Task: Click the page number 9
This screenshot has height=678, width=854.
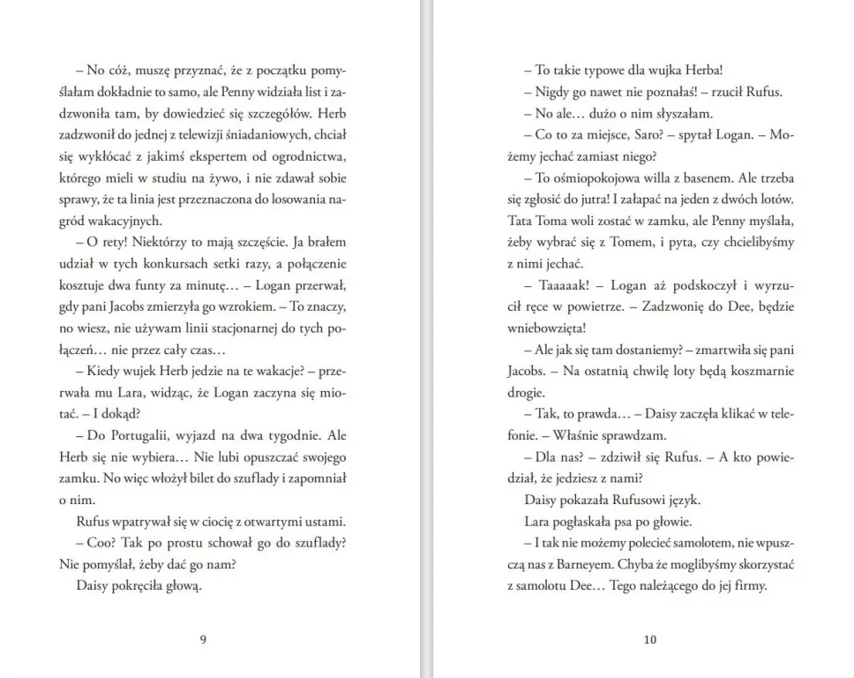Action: coord(203,640)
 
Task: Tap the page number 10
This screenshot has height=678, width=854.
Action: coord(650,640)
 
